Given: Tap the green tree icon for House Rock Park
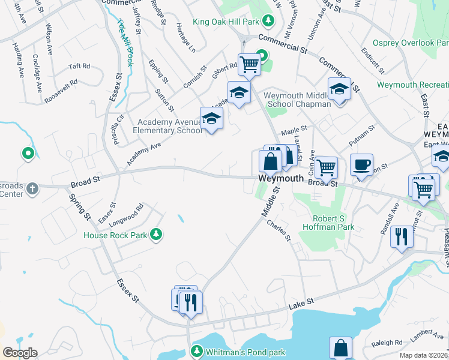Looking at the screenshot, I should point(156,234).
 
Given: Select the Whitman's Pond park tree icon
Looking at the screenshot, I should point(196,351).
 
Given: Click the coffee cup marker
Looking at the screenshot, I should point(361,165).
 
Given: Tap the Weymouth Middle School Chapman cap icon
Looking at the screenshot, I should point(339,89).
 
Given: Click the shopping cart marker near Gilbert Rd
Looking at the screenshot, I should point(249,64).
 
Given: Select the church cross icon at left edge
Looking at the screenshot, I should point(32,190).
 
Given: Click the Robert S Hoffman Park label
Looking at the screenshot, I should point(333,223).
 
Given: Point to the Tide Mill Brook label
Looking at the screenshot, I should point(125,42).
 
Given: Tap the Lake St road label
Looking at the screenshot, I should point(301,302).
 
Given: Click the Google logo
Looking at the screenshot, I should point(19,352).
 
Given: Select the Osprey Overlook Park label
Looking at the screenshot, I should point(410,43).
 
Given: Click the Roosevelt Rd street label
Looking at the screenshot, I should point(61,91).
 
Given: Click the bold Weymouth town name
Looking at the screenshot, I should point(281,179).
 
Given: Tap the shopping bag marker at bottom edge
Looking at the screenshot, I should point(340,348).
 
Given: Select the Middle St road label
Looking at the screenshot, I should point(271,202).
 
